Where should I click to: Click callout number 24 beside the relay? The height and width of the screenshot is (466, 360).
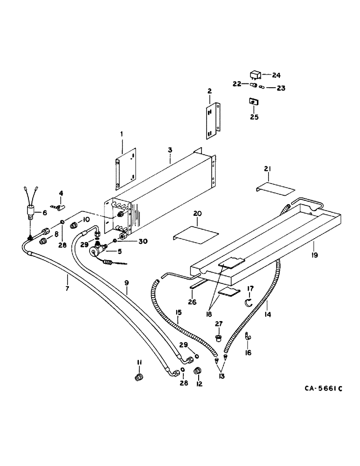[x=277, y=75]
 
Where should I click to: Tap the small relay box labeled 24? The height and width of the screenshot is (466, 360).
[x=256, y=74]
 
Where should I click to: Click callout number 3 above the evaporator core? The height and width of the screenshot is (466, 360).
[x=170, y=151]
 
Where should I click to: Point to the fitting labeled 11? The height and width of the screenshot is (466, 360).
[x=138, y=377]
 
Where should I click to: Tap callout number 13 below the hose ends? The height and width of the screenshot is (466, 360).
[x=221, y=377]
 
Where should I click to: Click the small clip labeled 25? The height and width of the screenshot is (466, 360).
[x=254, y=102]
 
